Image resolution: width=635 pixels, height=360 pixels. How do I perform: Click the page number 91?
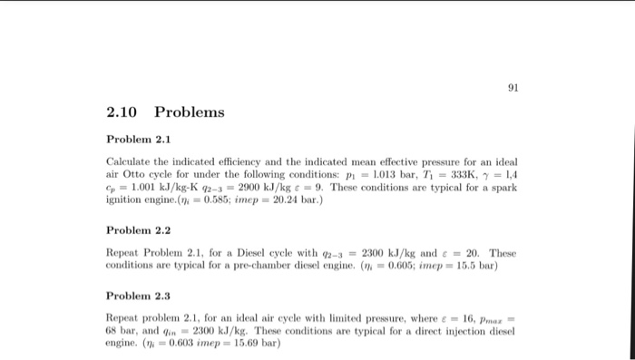pyautogui.click(x=513, y=88)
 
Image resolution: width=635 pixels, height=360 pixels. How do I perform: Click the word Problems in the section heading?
pyautogui.click(x=189, y=113)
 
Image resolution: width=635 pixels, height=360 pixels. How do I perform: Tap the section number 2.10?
pyautogui.click(x=122, y=113)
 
